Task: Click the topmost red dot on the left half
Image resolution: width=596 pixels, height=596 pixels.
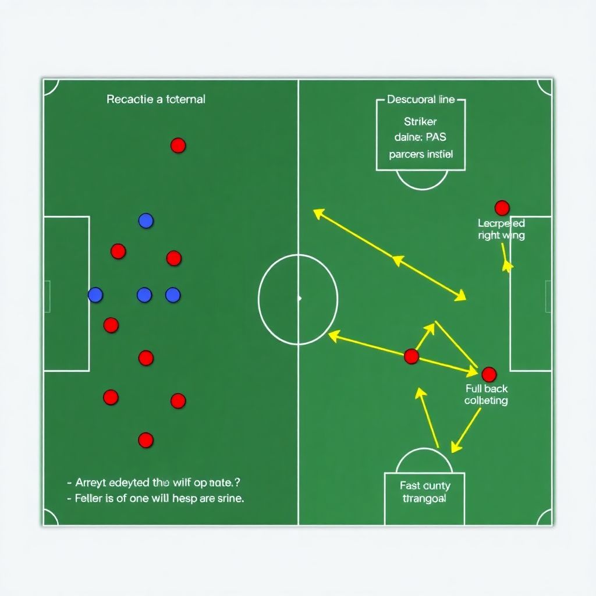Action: coord(178,146)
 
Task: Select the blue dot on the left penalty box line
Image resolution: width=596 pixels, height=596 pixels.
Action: coord(95,295)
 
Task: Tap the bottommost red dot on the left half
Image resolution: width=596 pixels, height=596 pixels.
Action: coord(146,440)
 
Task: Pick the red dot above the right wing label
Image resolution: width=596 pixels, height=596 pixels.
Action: coord(502,208)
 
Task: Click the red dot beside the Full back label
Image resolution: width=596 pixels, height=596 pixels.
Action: coord(489,374)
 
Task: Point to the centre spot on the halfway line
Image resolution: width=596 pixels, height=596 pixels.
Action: coord(299,298)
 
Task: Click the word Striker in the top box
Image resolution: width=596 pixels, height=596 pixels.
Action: coord(420,122)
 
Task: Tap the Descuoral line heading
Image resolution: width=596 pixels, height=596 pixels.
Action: coord(420,100)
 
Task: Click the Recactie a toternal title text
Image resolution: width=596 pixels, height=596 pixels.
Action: coord(155,100)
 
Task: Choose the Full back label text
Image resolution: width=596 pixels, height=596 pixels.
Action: coord(486,389)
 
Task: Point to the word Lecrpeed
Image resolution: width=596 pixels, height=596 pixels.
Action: coord(501,223)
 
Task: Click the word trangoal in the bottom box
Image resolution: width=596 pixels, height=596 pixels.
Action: coord(424,499)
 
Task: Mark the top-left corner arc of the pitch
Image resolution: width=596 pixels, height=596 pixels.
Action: coord(51,87)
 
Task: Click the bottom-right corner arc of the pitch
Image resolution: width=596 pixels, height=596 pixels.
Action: coord(544,517)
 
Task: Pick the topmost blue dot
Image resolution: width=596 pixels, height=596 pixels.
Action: coord(146,221)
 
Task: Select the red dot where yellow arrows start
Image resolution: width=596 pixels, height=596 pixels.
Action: coord(411,356)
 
